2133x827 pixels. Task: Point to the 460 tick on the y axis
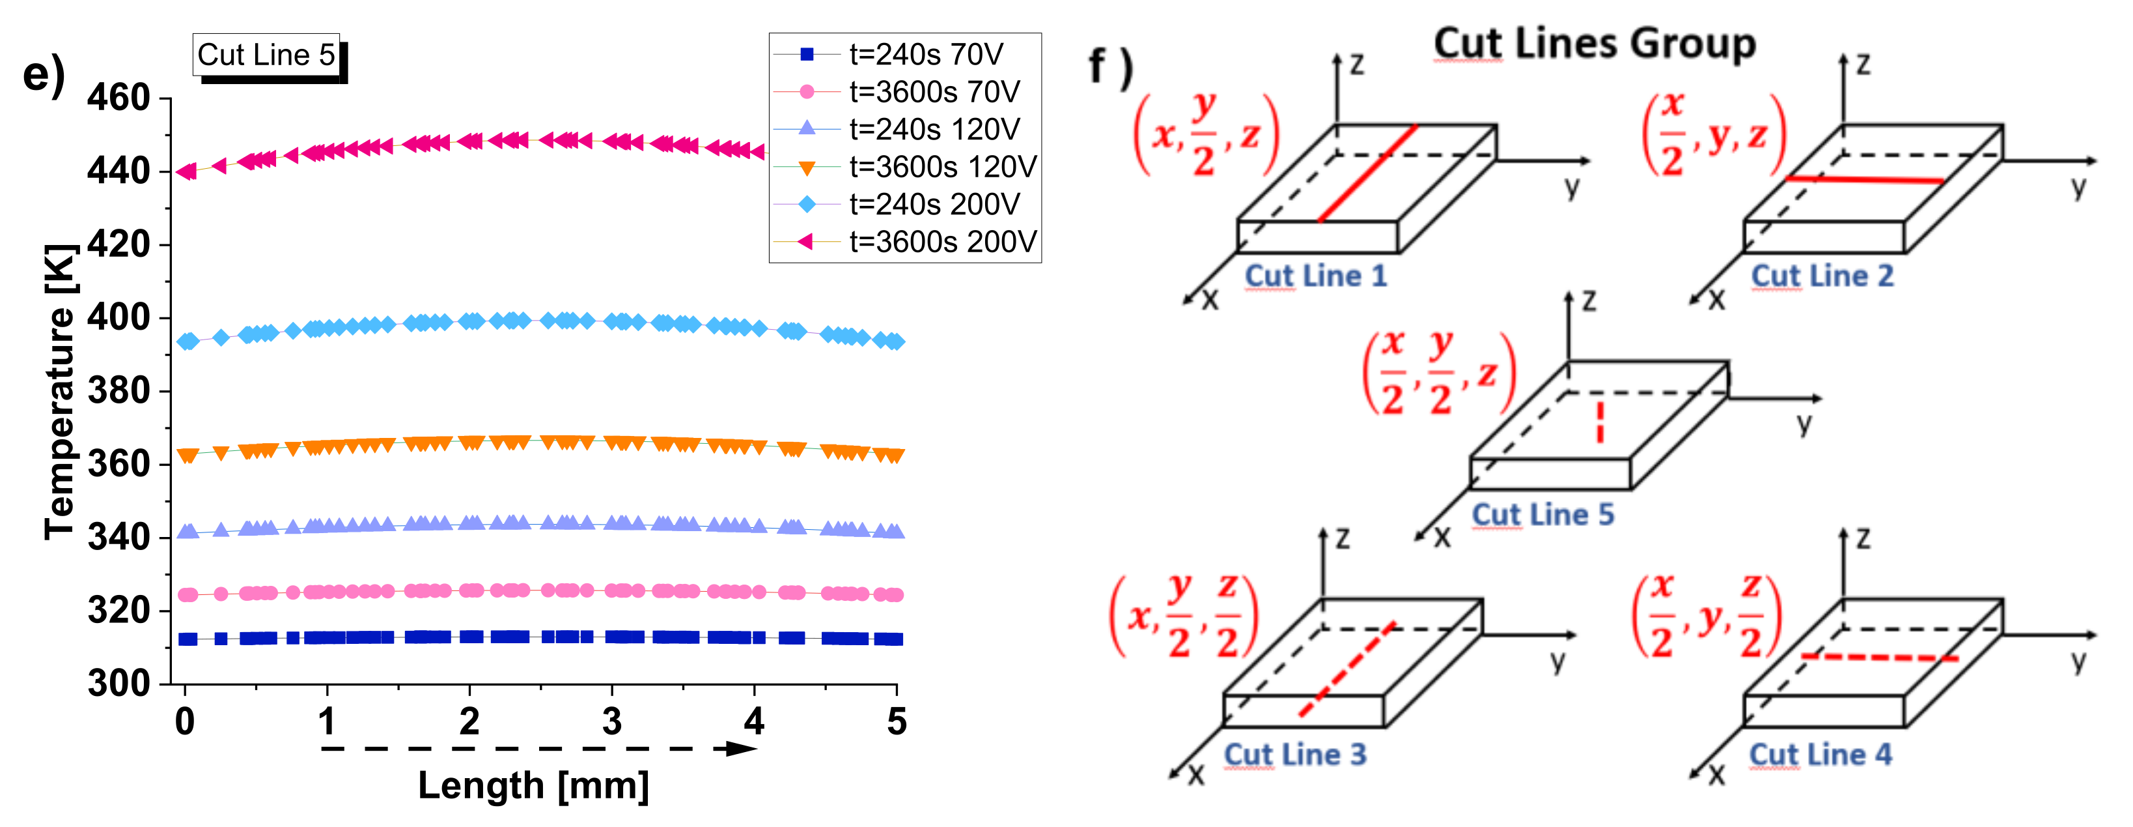tap(118, 98)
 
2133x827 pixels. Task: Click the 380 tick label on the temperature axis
tap(118, 390)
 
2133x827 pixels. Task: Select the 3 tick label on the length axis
tap(611, 722)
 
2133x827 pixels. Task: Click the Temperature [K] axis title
tap(60, 391)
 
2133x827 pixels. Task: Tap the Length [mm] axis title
tap(533, 785)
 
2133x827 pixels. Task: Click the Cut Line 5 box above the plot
tap(266, 55)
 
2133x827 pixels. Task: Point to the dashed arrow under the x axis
tap(538, 749)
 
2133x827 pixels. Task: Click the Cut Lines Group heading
tap(1594, 43)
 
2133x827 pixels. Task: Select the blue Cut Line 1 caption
tap(1315, 276)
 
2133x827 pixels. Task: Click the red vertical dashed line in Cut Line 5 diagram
tap(1600, 422)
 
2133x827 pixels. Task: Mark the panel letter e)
tap(43, 74)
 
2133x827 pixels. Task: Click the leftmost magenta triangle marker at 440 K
tap(187, 171)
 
